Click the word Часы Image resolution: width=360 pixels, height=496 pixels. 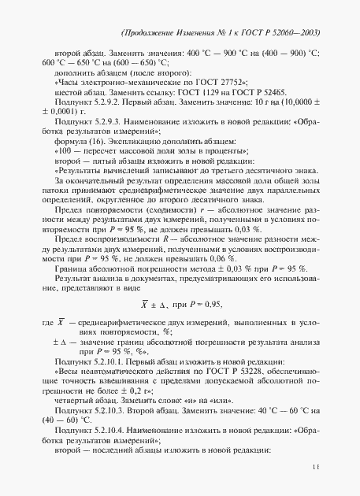point(71,82)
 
